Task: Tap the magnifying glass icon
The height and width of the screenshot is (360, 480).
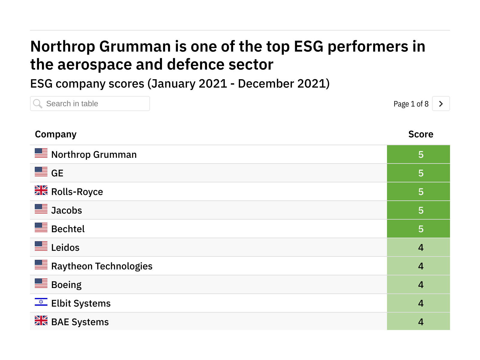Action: coord(38,104)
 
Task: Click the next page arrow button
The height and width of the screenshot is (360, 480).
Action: coord(441,104)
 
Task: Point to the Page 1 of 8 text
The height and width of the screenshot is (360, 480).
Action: coord(411,104)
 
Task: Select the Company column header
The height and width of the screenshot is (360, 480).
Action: coord(56,134)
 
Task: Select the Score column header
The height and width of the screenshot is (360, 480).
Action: coord(421,134)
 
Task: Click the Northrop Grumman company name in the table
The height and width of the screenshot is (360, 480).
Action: coord(94,154)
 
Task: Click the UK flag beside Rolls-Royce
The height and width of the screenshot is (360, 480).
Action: coord(41,190)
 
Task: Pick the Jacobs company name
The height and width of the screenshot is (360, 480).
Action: coord(67,210)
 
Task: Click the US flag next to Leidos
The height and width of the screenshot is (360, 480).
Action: coord(41,246)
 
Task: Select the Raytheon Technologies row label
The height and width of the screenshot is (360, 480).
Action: coord(102,266)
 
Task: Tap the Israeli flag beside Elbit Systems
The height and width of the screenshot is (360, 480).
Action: coord(41,302)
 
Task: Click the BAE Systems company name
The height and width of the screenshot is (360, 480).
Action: coord(80,322)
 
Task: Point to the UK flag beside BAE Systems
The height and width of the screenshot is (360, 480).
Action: coord(41,320)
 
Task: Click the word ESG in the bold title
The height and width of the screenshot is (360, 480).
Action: coord(308,46)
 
